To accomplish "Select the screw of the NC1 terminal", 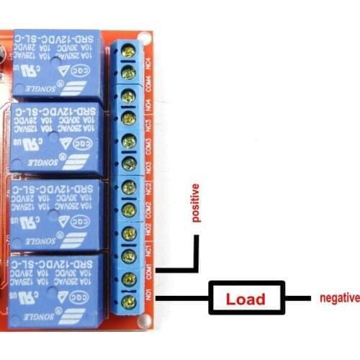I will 130,256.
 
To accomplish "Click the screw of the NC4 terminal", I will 130,50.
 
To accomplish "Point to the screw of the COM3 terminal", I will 130,141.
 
